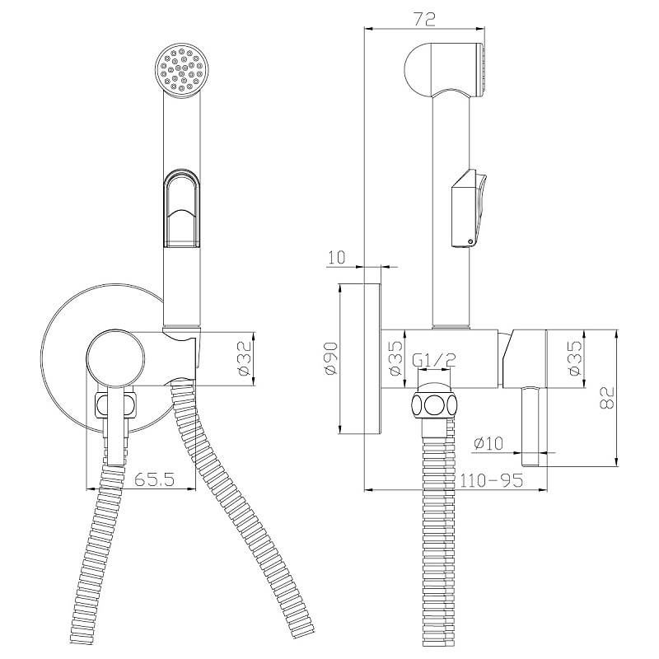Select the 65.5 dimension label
pyautogui.click(x=154, y=479)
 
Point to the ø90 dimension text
pyautogui.click(x=331, y=358)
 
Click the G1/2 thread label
pyautogui.click(x=434, y=359)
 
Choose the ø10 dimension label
pyautogui.click(x=488, y=443)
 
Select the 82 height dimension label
pyautogui.click(x=606, y=397)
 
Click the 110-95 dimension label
pyautogui.click(x=491, y=479)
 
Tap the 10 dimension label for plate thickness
pyautogui.click(x=336, y=257)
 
